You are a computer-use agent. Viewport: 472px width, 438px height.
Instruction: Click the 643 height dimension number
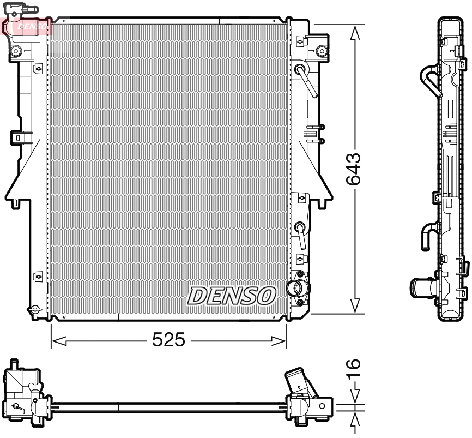coord(354,169)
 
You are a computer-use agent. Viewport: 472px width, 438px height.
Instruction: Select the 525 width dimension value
coord(168,341)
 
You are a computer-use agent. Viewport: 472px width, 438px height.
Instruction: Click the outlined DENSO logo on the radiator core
coord(231,296)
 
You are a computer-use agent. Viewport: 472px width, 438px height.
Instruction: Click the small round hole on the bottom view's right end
coord(323,406)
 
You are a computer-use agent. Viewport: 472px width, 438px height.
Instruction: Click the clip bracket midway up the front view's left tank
coord(19,137)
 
